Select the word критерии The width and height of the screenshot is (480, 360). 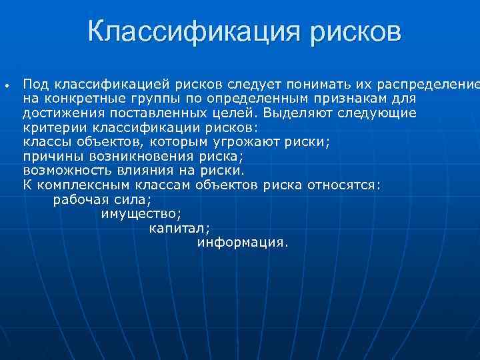tap(53, 127)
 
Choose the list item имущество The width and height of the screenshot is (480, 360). tap(141, 213)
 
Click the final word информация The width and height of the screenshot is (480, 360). tap(243, 243)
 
